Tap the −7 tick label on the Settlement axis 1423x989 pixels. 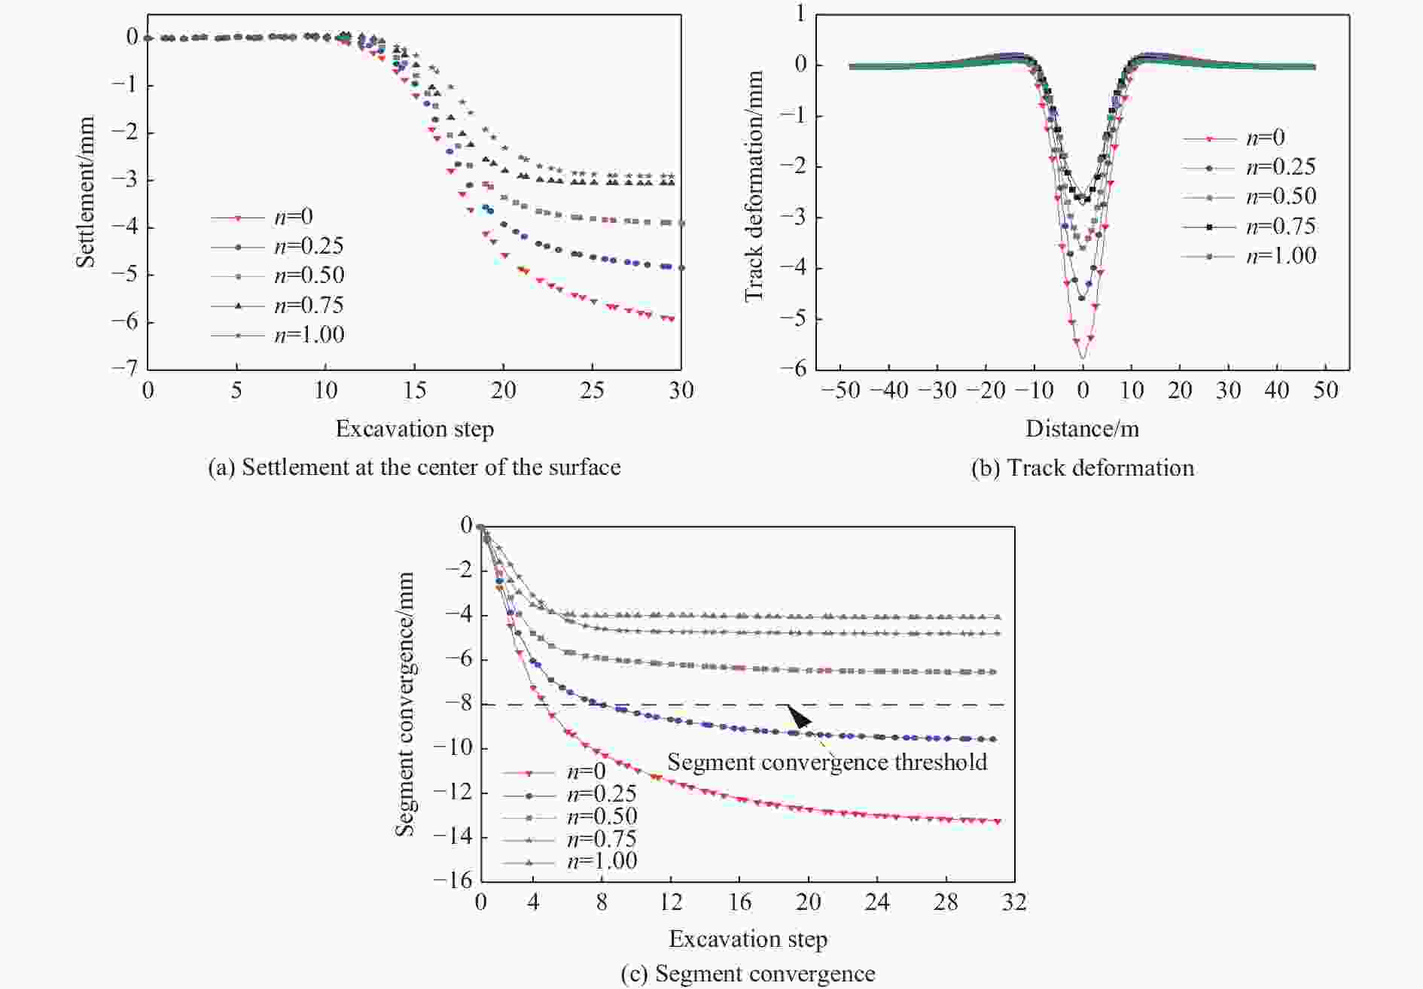coord(124,367)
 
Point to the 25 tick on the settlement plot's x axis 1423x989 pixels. coord(593,391)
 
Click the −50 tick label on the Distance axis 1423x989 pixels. coord(840,391)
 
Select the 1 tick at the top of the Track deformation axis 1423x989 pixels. coord(800,14)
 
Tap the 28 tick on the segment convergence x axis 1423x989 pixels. coord(946,902)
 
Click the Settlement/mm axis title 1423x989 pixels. coord(85,192)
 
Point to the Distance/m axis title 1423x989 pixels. coord(1082,429)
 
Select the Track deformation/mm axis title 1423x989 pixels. coord(754,187)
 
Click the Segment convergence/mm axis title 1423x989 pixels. coord(405,704)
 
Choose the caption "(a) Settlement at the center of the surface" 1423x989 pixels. coord(414,467)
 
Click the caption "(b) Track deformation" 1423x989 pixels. coord(1082,468)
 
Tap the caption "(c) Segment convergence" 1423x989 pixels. coord(748,974)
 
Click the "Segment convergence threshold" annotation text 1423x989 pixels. coord(827,762)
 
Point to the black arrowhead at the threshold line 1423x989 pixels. coord(798,715)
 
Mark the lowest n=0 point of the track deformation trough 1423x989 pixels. coord(1082,357)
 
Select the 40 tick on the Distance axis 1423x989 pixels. coord(1277,391)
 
